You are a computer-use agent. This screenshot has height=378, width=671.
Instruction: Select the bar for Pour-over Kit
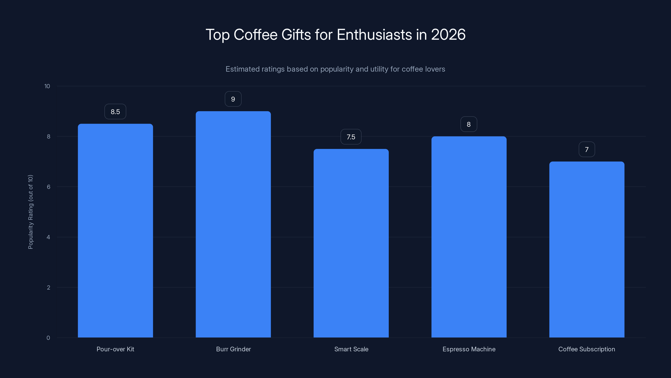115,231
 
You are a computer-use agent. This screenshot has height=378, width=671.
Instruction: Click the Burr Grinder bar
233,224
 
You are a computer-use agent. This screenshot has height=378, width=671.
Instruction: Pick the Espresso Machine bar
469,237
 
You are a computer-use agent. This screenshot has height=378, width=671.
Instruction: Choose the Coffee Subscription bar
587,249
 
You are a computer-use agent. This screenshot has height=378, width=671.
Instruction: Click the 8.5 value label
115,112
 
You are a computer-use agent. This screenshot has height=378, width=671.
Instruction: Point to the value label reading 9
233,99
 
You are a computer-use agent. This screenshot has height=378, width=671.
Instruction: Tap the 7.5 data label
351,137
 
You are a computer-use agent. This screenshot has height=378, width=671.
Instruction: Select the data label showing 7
587,150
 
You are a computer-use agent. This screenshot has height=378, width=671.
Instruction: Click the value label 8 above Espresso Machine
469,125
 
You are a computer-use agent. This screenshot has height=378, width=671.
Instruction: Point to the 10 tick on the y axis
47,86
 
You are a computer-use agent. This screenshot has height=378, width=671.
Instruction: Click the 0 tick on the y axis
48,338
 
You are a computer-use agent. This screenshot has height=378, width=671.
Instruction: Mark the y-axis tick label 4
48,237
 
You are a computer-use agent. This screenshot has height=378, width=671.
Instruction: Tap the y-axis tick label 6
48,187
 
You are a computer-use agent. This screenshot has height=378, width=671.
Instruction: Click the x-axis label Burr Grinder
233,349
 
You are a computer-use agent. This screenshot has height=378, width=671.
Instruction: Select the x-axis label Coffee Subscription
587,349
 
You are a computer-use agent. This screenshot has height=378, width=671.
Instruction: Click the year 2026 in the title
448,35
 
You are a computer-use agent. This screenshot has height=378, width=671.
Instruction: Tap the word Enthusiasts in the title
374,35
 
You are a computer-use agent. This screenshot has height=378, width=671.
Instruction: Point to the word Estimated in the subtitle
242,69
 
